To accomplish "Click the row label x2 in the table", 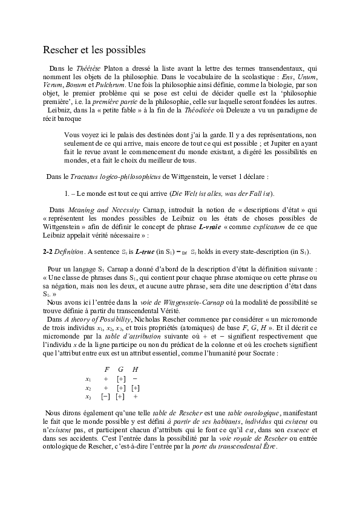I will click(88, 387).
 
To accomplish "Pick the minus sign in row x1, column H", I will click(135, 378).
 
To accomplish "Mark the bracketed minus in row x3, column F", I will click(106, 397).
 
